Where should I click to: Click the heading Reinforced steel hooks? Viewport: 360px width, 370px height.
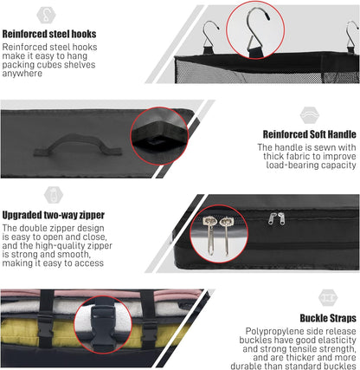point(49,34)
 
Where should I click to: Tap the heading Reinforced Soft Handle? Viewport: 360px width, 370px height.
point(310,134)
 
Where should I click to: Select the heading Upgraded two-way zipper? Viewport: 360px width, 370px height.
point(54,215)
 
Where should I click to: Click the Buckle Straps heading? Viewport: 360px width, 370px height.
point(328,318)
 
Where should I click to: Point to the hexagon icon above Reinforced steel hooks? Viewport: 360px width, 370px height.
point(46,15)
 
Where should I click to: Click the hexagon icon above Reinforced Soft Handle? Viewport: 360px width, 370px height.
point(310,115)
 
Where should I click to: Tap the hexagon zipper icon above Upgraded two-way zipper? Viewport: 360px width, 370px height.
point(54,195)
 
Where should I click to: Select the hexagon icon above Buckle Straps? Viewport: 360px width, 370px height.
point(328,298)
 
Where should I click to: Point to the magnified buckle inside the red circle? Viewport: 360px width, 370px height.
point(103,324)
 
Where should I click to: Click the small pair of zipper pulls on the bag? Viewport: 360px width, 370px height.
point(277,218)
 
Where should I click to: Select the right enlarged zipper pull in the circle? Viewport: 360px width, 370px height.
point(226,237)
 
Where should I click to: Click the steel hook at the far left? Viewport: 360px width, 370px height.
point(210,37)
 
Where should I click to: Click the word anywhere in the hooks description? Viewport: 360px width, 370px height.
point(22,74)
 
